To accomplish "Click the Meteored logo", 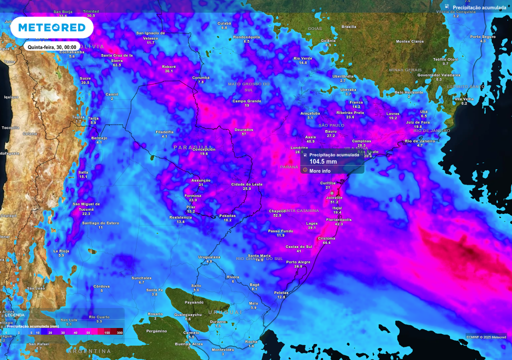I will coord(51,28).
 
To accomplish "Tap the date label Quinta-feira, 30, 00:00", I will coord(52,47).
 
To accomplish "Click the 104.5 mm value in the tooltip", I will coord(323,161).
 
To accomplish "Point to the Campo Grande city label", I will coord(247,101).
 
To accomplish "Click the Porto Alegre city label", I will coord(298,262).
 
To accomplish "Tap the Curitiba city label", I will coord(328,183).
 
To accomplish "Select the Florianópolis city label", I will coord(338,219).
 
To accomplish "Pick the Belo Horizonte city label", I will coord(409,92).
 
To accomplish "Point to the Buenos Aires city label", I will coord(188,344).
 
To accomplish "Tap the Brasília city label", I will coord(348,26).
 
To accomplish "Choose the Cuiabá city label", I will coord(224,23).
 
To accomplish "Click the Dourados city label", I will coord(243,129).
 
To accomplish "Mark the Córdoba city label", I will coord(101,286).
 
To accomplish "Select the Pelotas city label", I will coord(281,292).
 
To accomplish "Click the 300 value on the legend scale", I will coord(119,332).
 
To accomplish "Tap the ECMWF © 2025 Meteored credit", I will coord(485,337).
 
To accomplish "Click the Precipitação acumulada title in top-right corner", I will coord(478,8).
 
